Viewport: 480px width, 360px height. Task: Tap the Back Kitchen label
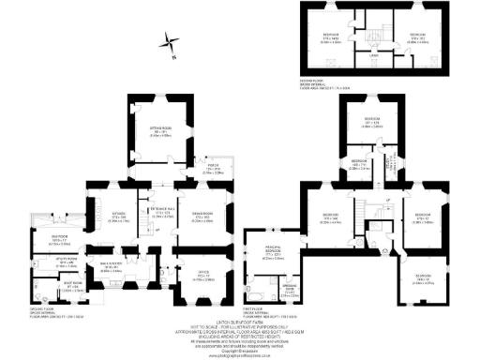click(113, 266)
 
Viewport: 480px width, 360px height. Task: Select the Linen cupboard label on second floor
click(374, 55)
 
